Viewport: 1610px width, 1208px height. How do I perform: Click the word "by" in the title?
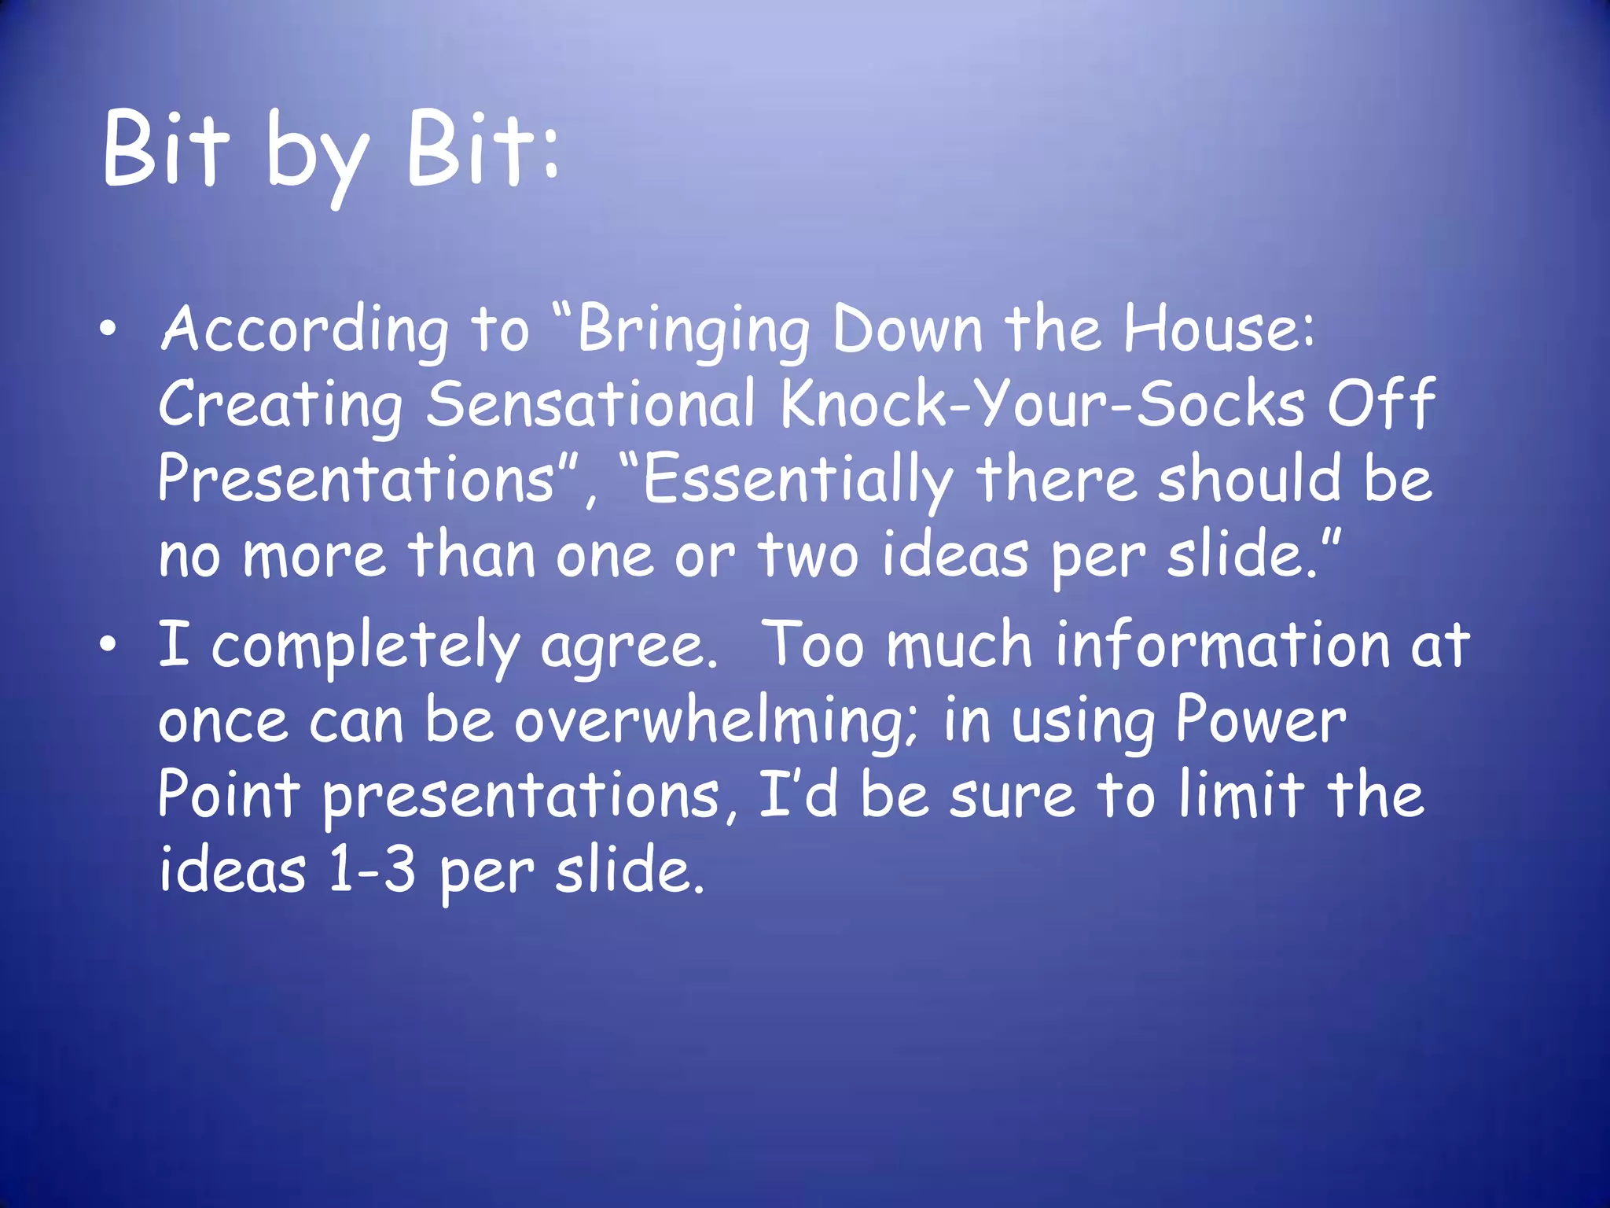[x=316, y=153]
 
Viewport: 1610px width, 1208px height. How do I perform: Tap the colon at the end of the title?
[x=550, y=154]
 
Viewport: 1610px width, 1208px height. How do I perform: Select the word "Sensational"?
[x=590, y=404]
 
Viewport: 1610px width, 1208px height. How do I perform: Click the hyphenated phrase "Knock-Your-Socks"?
[x=1042, y=404]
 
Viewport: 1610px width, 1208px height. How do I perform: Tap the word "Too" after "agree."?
[x=814, y=645]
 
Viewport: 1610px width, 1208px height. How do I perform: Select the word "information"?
[x=1222, y=645]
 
